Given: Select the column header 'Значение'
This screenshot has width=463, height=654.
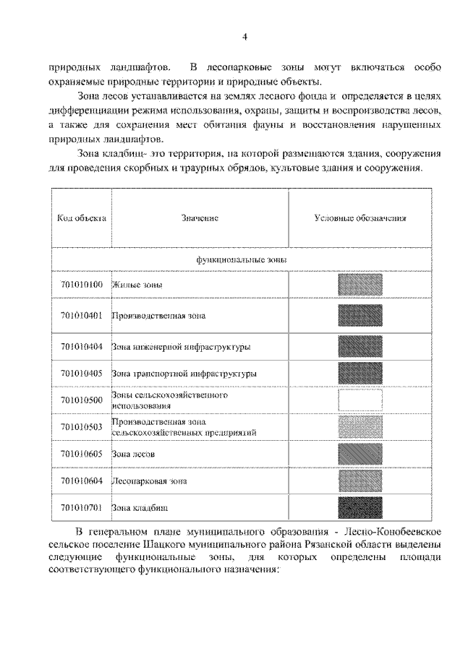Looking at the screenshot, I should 200,218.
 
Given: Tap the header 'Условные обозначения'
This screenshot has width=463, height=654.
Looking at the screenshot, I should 360,218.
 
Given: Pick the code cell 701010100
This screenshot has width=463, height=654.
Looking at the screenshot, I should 82,284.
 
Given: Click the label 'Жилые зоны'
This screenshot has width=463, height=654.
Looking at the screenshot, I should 137,285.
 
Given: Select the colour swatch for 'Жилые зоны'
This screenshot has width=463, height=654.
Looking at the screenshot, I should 360,285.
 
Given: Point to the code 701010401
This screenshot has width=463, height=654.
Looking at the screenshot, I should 82,315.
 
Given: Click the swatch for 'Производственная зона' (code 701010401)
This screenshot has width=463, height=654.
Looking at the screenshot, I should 360,315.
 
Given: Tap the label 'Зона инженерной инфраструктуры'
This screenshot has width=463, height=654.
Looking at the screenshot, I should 182,347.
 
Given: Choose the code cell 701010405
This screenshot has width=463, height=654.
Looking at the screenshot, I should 82,373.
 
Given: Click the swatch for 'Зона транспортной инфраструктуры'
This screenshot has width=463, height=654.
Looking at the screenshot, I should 360,373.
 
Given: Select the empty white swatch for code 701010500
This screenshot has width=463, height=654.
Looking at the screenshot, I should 360,400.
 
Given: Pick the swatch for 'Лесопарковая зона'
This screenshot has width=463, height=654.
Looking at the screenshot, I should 360,480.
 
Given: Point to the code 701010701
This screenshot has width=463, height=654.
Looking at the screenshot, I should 82,507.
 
